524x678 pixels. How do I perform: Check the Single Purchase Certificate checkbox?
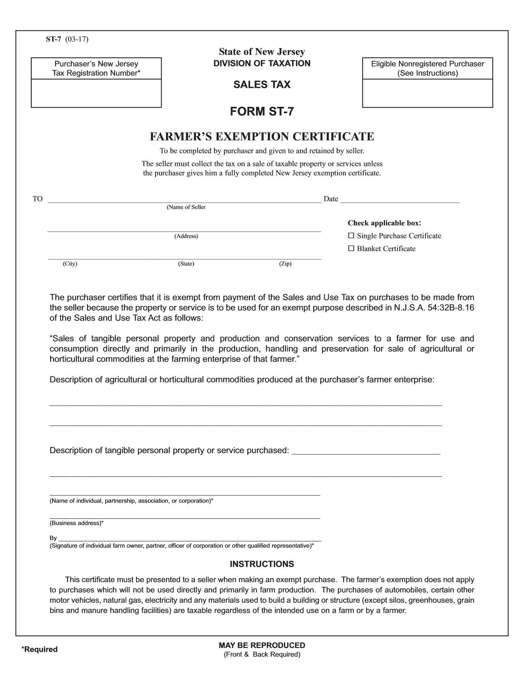pyautogui.click(x=351, y=236)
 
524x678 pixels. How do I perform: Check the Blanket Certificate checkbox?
pyautogui.click(x=351, y=249)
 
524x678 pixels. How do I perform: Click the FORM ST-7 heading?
pyautogui.click(x=262, y=112)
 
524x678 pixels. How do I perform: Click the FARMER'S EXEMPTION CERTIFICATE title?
pyautogui.click(x=262, y=136)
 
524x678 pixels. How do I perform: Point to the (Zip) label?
pyautogui.click(x=285, y=264)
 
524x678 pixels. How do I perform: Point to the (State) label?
pyautogui.click(x=186, y=264)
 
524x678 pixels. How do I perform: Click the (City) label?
pyautogui.click(x=70, y=264)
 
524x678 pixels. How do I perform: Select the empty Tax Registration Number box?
pyautogui.click(x=96, y=93)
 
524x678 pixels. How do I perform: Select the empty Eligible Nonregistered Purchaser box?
pyautogui.click(x=427, y=93)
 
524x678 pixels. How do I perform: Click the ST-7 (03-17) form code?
pyautogui.click(x=67, y=39)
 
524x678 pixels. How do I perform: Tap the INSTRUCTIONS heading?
pyautogui.click(x=262, y=564)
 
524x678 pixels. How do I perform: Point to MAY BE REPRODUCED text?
pyautogui.click(x=262, y=645)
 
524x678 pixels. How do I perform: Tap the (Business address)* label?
pyautogui.click(x=76, y=523)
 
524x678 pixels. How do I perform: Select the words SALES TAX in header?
pyautogui.click(x=262, y=85)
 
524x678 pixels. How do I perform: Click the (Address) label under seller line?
pyautogui.click(x=186, y=236)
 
